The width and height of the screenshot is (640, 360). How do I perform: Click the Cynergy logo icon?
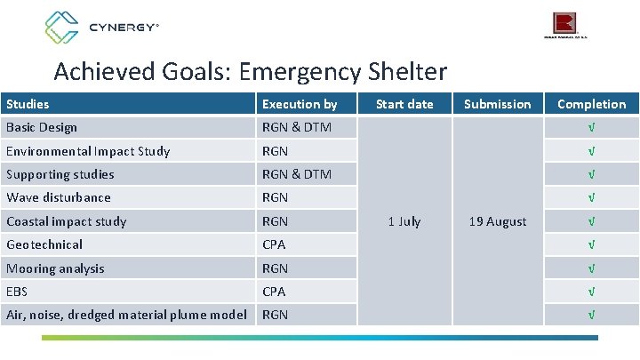(x=62, y=27)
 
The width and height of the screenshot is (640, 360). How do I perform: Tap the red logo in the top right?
(x=565, y=24)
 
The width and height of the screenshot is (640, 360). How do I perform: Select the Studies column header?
(x=28, y=104)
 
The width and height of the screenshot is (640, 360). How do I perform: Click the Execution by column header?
(x=300, y=104)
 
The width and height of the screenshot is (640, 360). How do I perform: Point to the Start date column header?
(x=404, y=104)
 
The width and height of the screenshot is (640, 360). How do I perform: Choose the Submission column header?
(x=497, y=104)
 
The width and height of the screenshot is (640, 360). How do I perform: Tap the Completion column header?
(x=591, y=104)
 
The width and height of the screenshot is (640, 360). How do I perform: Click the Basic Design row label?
(x=42, y=127)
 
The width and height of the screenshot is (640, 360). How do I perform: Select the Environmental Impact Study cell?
(x=88, y=151)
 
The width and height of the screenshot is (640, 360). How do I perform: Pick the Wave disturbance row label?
(x=59, y=197)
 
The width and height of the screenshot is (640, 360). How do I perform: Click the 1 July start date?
(x=404, y=221)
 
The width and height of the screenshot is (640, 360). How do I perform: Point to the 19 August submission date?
(x=497, y=221)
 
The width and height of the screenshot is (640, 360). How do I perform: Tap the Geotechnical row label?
(x=44, y=244)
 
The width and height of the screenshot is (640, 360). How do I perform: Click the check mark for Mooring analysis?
(x=591, y=268)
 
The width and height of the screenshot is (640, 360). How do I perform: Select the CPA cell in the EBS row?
(x=274, y=292)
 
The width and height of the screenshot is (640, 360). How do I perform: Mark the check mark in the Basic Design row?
(x=591, y=127)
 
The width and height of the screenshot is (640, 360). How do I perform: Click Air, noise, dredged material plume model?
(x=126, y=314)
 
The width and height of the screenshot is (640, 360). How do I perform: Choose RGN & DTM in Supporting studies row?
(x=296, y=174)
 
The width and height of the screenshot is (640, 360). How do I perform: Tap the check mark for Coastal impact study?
(x=591, y=221)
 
